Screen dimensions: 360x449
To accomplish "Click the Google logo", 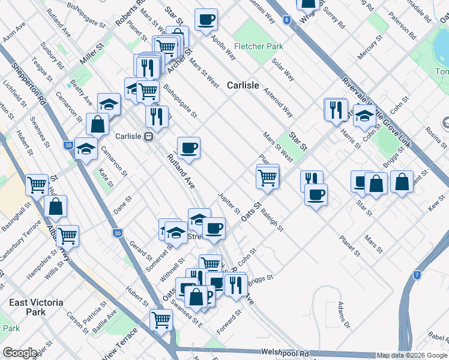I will pos(20,353).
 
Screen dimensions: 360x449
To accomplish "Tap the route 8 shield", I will pos(287,20).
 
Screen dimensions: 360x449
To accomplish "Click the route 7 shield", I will pos(417,275).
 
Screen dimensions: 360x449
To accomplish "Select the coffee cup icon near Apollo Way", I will pos(206,20).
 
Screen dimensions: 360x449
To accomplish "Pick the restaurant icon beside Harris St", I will pos(335,109).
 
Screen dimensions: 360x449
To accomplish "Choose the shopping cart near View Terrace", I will pos(161,320).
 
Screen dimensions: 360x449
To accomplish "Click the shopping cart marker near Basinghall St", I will pos(37,184).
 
